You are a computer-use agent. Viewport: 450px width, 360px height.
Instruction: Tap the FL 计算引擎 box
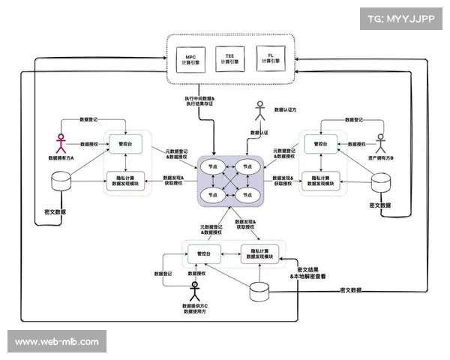point(267,58)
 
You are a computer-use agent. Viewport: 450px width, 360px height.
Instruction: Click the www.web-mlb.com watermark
point(57,342)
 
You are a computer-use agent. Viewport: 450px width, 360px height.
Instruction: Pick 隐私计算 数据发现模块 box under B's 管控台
point(318,179)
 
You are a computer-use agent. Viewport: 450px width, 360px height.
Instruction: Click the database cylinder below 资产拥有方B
point(383,183)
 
